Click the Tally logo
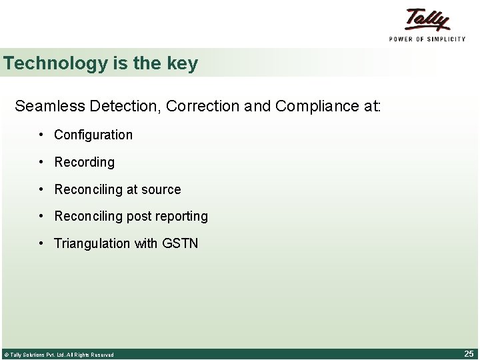pyautogui.click(x=427, y=19)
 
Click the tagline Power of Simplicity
pyautogui.click(x=427, y=39)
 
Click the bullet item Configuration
pyautogui.click(x=93, y=135)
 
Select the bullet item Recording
pyautogui.click(x=84, y=162)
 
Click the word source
pyautogui.click(x=161, y=189)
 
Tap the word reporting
pyautogui.click(x=181, y=217)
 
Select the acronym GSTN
pyautogui.click(x=180, y=243)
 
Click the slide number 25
pyautogui.click(x=469, y=353)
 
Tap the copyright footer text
pyautogui.click(x=59, y=355)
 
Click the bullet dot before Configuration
pyautogui.click(x=41, y=134)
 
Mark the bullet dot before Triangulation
pyautogui.click(x=41, y=243)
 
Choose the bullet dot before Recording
pyautogui.click(x=41, y=161)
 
